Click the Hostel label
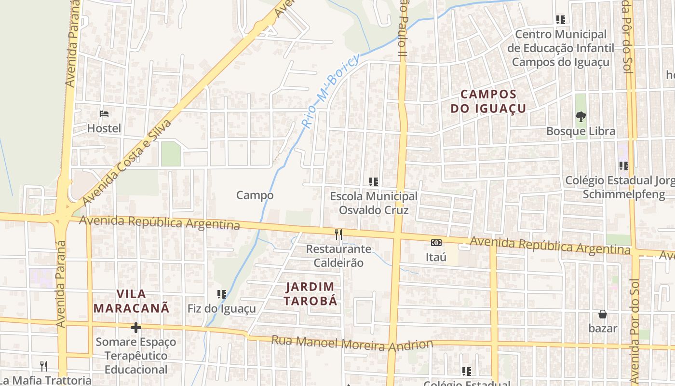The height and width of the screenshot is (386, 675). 104,128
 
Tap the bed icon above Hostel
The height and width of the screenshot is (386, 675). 104,114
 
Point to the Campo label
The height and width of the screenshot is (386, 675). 255,195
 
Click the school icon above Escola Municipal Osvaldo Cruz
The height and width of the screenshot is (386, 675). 374,182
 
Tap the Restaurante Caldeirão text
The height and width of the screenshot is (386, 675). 339,256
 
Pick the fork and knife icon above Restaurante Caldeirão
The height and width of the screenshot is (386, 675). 338,234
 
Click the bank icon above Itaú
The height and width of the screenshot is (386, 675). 436,243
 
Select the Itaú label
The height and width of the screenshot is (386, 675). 436,257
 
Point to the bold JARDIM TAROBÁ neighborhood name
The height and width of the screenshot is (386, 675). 310,294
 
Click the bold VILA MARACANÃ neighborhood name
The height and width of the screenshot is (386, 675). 131,301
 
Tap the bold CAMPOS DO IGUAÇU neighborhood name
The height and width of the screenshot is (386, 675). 488,101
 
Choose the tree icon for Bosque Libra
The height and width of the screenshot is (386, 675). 580,116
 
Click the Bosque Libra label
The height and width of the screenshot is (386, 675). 580,131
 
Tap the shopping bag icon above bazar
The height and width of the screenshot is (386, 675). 603,315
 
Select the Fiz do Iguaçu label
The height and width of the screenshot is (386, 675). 222,309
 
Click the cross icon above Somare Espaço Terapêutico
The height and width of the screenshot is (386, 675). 136,328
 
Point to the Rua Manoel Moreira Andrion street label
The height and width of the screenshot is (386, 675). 352,343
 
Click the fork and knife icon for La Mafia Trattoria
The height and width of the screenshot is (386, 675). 44,366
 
